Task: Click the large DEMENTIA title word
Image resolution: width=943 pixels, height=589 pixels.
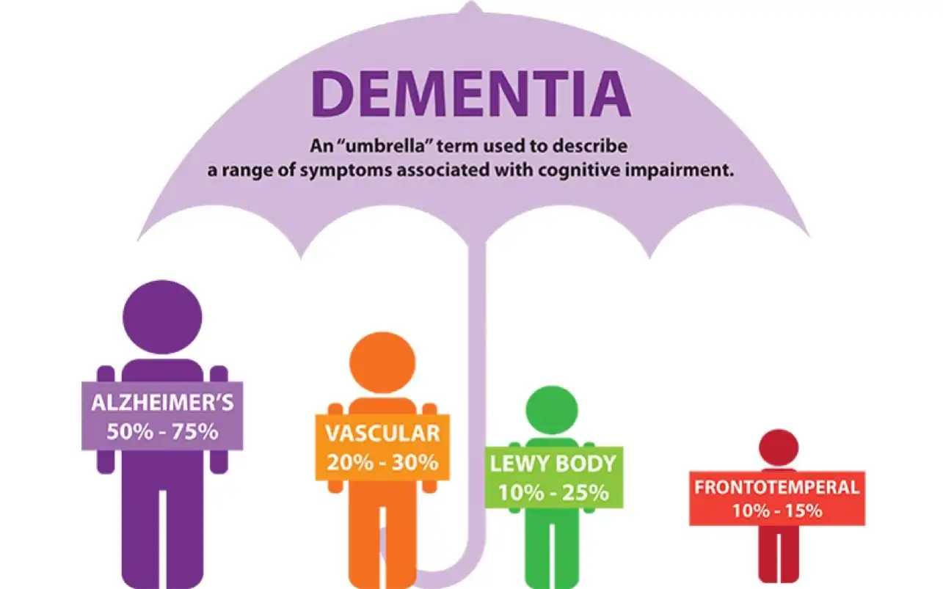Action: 471,93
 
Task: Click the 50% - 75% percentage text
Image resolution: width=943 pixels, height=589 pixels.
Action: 162,431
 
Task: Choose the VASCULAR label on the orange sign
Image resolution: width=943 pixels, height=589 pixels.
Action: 382,433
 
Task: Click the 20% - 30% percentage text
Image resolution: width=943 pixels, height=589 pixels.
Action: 382,462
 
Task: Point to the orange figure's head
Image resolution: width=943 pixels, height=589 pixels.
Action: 382,362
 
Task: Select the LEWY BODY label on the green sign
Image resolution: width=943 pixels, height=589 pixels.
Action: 553,464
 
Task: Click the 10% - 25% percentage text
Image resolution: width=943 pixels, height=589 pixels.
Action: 553,491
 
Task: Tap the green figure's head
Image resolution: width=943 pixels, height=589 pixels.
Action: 553,409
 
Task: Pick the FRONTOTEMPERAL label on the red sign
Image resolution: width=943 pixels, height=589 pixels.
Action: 776,488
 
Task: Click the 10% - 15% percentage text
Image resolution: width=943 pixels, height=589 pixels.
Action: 776,511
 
